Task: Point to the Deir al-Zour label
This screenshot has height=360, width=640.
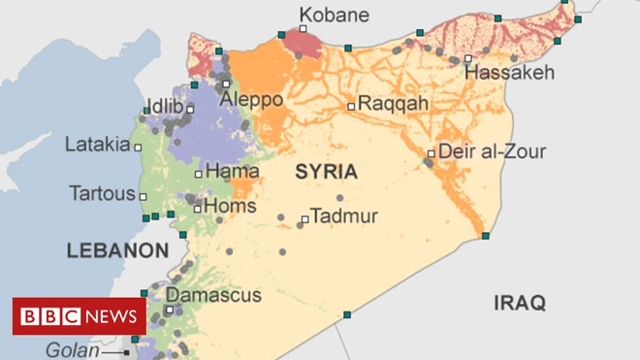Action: coord(492,151)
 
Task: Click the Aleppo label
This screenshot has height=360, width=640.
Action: coord(252,99)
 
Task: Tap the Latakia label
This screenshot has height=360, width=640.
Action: coord(97,146)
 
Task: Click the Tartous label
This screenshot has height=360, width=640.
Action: coord(102,193)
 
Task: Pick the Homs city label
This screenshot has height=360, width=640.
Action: coord(231,207)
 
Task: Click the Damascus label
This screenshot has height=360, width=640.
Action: coord(213,294)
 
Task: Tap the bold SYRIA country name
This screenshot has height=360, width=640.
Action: coord(326,173)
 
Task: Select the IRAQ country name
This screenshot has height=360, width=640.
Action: coord(520,303)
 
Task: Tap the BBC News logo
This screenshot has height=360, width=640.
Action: coord(80,316)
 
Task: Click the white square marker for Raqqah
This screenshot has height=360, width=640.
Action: coord(351,106)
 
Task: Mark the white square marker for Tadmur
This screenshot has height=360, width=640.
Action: coord(304,219)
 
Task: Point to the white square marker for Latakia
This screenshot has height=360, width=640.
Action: coord(138,147)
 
